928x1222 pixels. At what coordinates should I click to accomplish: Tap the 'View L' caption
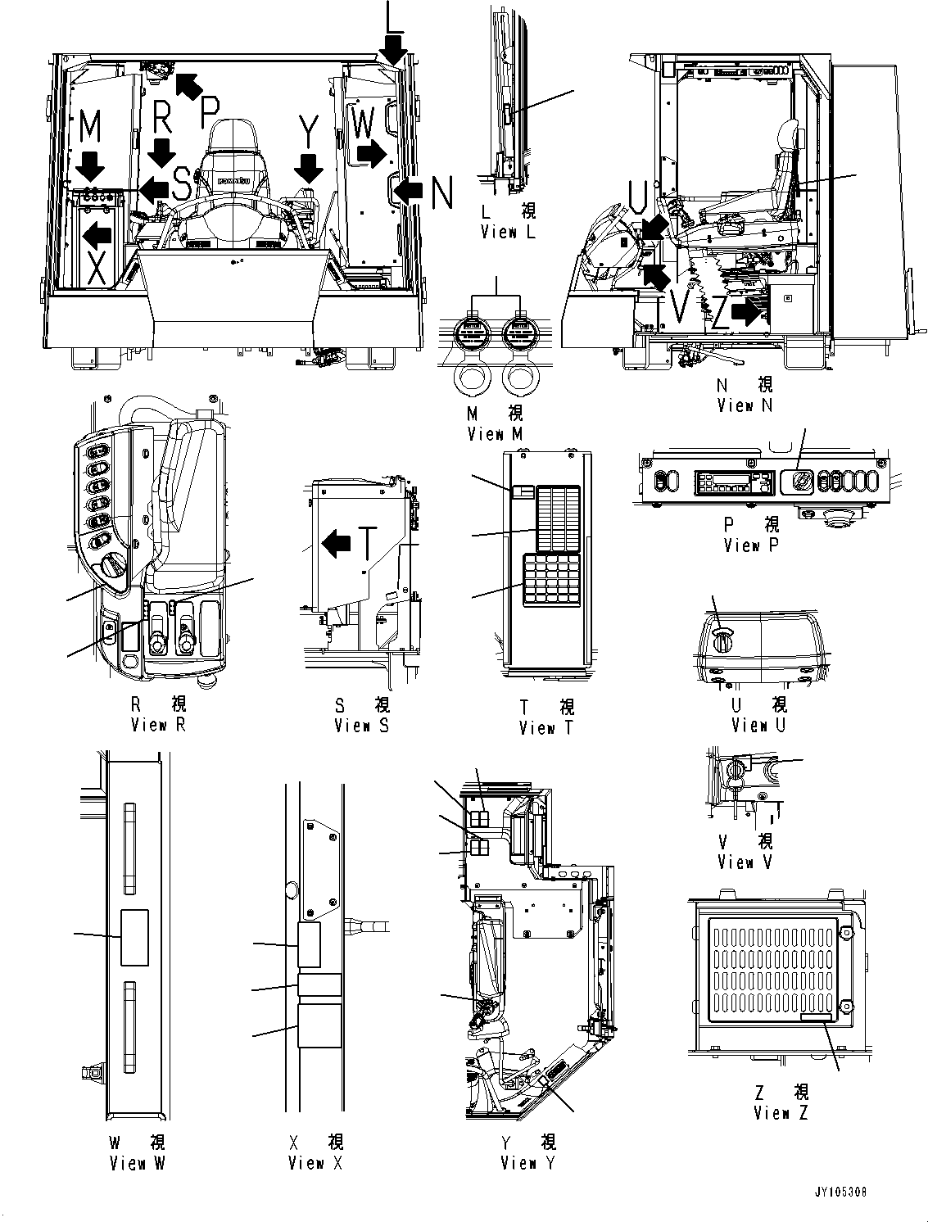[509, 232]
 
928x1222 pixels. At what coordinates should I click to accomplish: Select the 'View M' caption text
[494, 434]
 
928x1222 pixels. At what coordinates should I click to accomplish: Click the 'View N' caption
[745, 404]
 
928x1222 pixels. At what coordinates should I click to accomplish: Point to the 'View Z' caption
[781, 1113]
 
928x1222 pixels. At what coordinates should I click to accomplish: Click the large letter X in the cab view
[96, 269]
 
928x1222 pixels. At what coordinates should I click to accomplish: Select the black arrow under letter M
[92, 166]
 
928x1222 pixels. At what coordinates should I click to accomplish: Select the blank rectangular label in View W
[134, 936]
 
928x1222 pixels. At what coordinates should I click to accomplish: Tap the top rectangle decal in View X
[310, 944]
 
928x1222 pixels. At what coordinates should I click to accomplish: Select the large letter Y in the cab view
[309, 132]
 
